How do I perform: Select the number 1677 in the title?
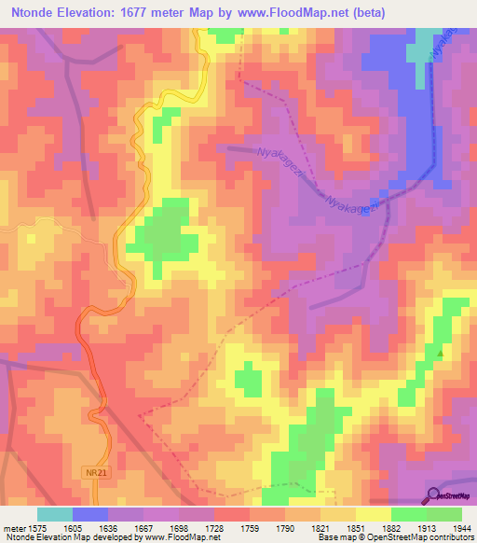(153, 11)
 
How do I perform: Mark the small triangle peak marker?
(441, 354)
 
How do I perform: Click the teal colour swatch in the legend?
(55, 514)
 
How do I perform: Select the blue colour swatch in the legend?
(90, 514)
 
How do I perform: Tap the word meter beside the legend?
(14, 529)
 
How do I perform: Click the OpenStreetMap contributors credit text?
(411, 538)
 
